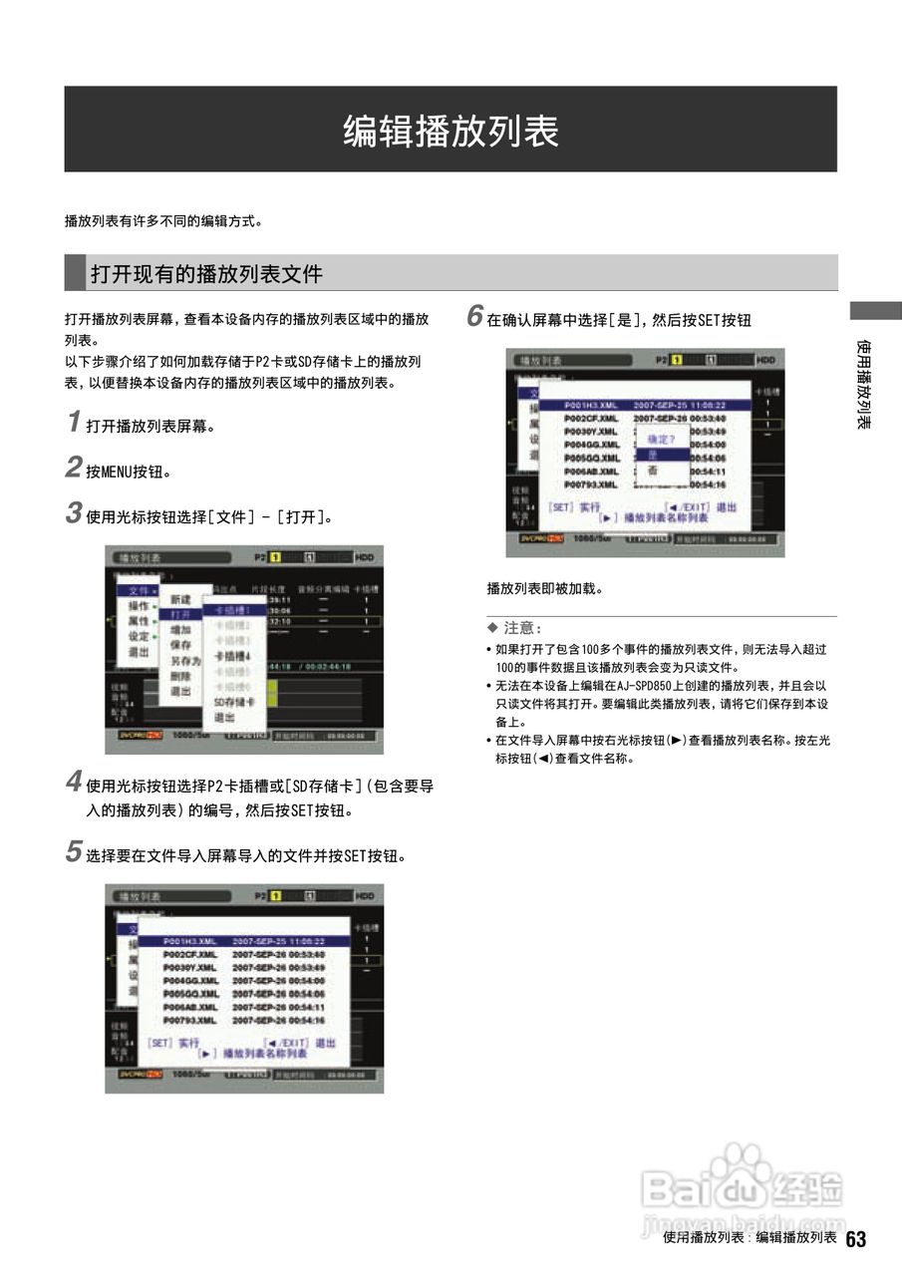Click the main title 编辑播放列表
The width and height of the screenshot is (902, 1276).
pos(451,131)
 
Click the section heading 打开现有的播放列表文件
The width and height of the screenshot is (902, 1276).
pos(206,273)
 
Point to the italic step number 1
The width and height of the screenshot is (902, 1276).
pos(74,423)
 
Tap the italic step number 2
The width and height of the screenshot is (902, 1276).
pos(74,468)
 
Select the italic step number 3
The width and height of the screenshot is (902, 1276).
pos(74,514)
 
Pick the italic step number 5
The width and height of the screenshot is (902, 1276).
pos(74,852)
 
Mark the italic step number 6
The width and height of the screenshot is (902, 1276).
pos(475,317)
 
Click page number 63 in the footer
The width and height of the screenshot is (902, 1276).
pos(856,1239)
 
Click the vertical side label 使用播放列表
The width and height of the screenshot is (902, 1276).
pos(865,385)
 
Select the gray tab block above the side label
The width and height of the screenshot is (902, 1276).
pos(875,310)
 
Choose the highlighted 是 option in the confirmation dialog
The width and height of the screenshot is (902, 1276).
pos(654,455)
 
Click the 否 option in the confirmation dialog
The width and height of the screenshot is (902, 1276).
pos(654,471)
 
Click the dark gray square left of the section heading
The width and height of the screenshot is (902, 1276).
pos(75,272)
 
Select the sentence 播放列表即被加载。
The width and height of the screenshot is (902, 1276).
pos(544,589)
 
